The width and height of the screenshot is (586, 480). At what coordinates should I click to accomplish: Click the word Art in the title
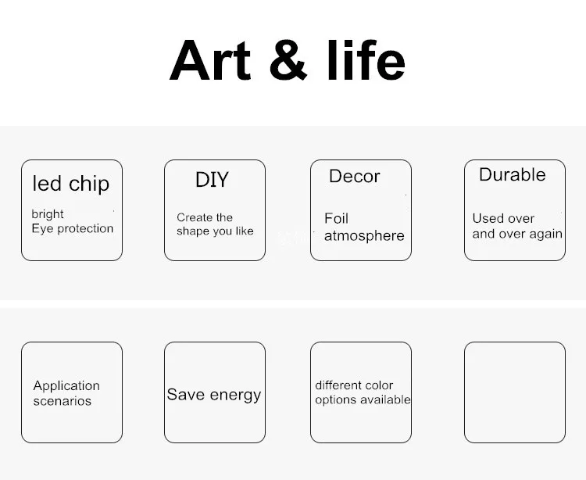[210, 60]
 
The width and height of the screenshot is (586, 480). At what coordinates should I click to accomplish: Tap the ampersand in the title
[288, 60]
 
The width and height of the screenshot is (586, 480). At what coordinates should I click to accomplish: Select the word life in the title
[366, 60]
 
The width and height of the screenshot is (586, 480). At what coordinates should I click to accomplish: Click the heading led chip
[71, 184]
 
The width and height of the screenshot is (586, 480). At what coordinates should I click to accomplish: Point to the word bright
[48, 214]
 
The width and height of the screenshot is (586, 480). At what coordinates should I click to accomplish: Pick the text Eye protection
[73, 228]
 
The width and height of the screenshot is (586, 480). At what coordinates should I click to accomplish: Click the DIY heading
[212, 180]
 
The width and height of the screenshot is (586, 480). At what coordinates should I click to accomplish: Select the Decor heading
[354, 176]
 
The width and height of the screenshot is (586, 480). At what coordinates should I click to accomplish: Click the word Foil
[336, 218]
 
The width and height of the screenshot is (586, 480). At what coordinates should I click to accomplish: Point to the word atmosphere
[364, 236]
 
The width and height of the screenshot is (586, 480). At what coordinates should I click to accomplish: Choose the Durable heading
[513, 174]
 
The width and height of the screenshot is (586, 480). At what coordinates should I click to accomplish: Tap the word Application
[66, 386]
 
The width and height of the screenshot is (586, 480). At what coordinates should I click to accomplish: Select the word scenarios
[63, 401]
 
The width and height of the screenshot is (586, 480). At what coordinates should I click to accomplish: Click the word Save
[186, 394]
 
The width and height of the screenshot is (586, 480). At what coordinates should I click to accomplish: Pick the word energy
[235, 396]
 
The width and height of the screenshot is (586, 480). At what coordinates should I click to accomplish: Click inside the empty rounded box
[515, 392]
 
